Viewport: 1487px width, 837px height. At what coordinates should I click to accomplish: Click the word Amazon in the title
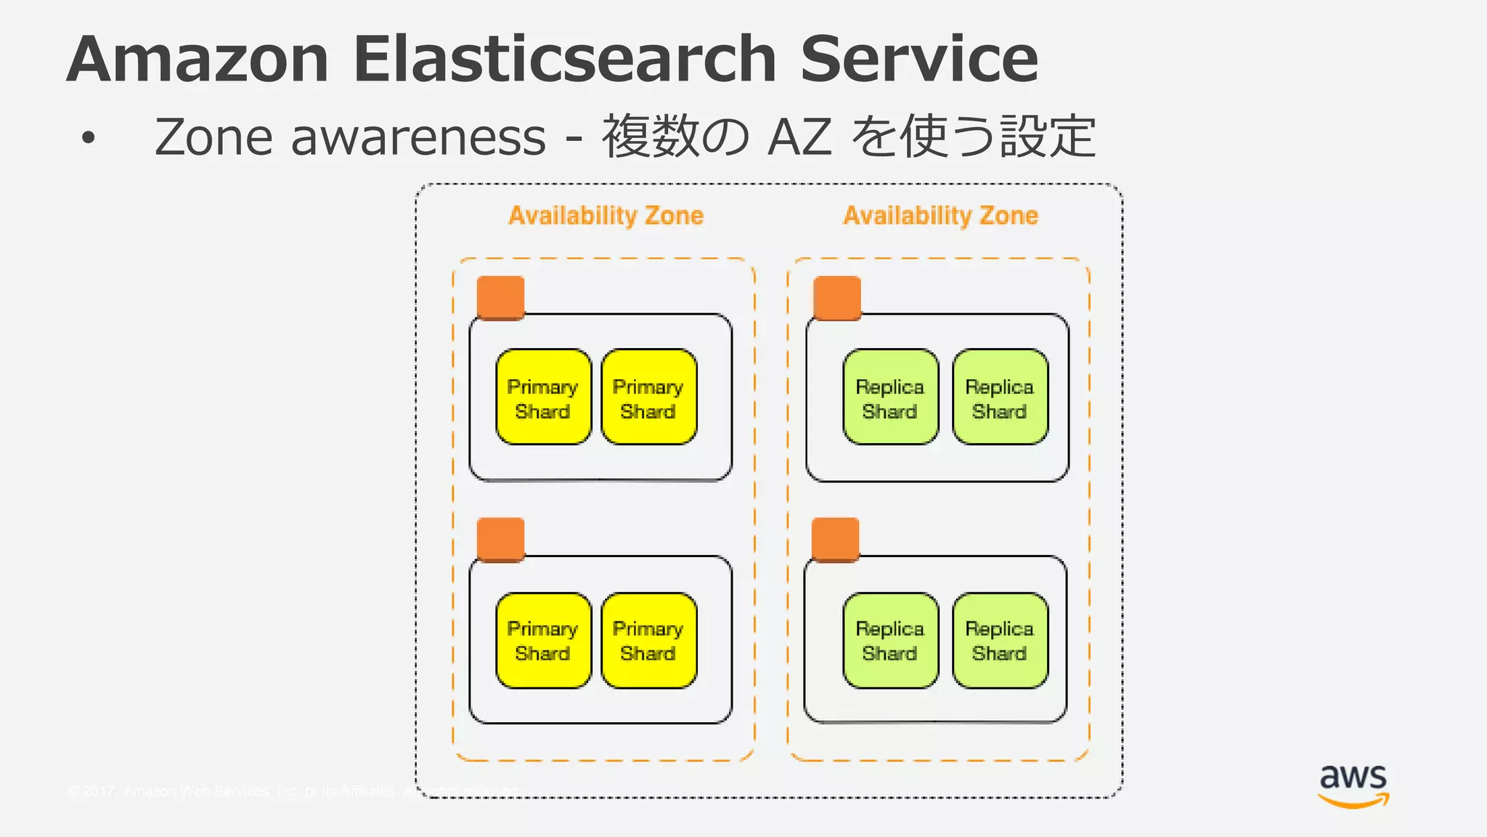197,60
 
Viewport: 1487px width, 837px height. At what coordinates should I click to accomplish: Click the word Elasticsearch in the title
564,60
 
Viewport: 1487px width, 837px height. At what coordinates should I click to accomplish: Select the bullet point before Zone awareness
89,138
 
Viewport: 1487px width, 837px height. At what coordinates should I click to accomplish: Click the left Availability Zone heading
606,216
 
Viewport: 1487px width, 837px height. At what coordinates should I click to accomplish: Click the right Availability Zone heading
940,216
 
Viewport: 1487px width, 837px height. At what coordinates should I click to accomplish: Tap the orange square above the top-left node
500,298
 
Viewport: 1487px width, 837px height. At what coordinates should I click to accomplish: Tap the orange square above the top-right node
837,298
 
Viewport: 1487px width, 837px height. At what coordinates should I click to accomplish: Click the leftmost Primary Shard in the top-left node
543,397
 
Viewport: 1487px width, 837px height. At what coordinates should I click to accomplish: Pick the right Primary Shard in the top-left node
648,397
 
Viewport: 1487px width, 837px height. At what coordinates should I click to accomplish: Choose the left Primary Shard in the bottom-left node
543,640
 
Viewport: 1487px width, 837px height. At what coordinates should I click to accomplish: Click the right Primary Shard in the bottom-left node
648,640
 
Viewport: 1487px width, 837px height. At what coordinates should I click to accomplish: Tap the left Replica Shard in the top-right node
890,397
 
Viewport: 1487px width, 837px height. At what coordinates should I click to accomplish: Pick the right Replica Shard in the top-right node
1000,397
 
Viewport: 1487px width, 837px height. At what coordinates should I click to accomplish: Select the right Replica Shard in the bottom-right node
1000,640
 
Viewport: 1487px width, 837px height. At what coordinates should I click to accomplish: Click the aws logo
1353,785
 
